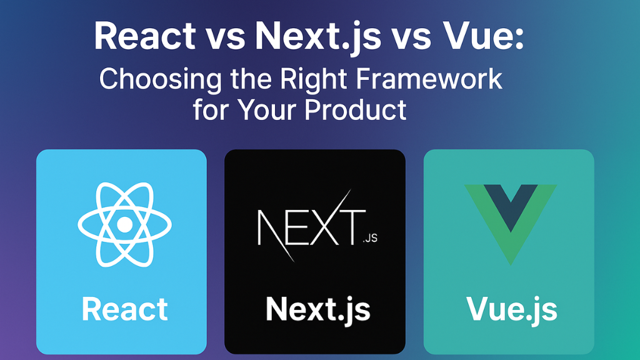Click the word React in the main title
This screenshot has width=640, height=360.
coord(145,36)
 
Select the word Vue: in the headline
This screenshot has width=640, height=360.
coord(483,36)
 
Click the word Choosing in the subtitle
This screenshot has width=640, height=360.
coord(161,79)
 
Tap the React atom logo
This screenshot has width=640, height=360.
coord(124,224)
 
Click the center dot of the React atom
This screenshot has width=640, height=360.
coord(124,224)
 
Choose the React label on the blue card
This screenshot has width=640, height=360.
coord(124,309)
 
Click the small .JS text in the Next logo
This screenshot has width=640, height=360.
coord(370,238)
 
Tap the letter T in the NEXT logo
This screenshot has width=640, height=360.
coord(352,227)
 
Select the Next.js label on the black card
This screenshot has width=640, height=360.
coord(318,310)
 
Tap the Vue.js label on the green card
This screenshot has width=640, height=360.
coord(512,310)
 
